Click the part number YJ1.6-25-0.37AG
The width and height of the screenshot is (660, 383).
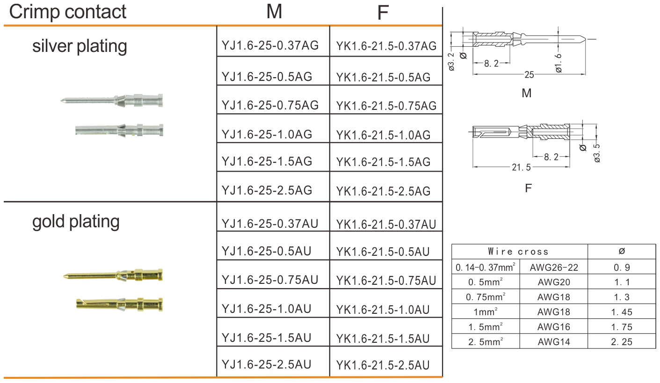point(270,46)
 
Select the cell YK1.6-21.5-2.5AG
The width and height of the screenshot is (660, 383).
point(383,191)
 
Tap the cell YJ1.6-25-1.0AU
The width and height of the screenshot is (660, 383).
point(267,309)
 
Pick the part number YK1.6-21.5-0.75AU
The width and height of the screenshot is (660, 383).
point(386,281)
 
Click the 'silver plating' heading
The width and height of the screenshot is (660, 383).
point(80,46)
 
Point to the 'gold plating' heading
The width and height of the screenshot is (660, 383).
point(76,221)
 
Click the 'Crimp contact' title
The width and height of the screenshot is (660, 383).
point(68,11)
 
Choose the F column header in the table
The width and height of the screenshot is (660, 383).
point(383,13)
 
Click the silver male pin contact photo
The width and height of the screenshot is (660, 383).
point(112,100)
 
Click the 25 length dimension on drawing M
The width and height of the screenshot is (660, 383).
point(529,74)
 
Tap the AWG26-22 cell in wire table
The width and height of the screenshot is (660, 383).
point(554,268)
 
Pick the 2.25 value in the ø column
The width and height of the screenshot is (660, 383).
point(621,342)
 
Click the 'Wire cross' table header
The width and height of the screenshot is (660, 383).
point(518,252)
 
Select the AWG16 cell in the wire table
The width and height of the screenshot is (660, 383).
point(554,327)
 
